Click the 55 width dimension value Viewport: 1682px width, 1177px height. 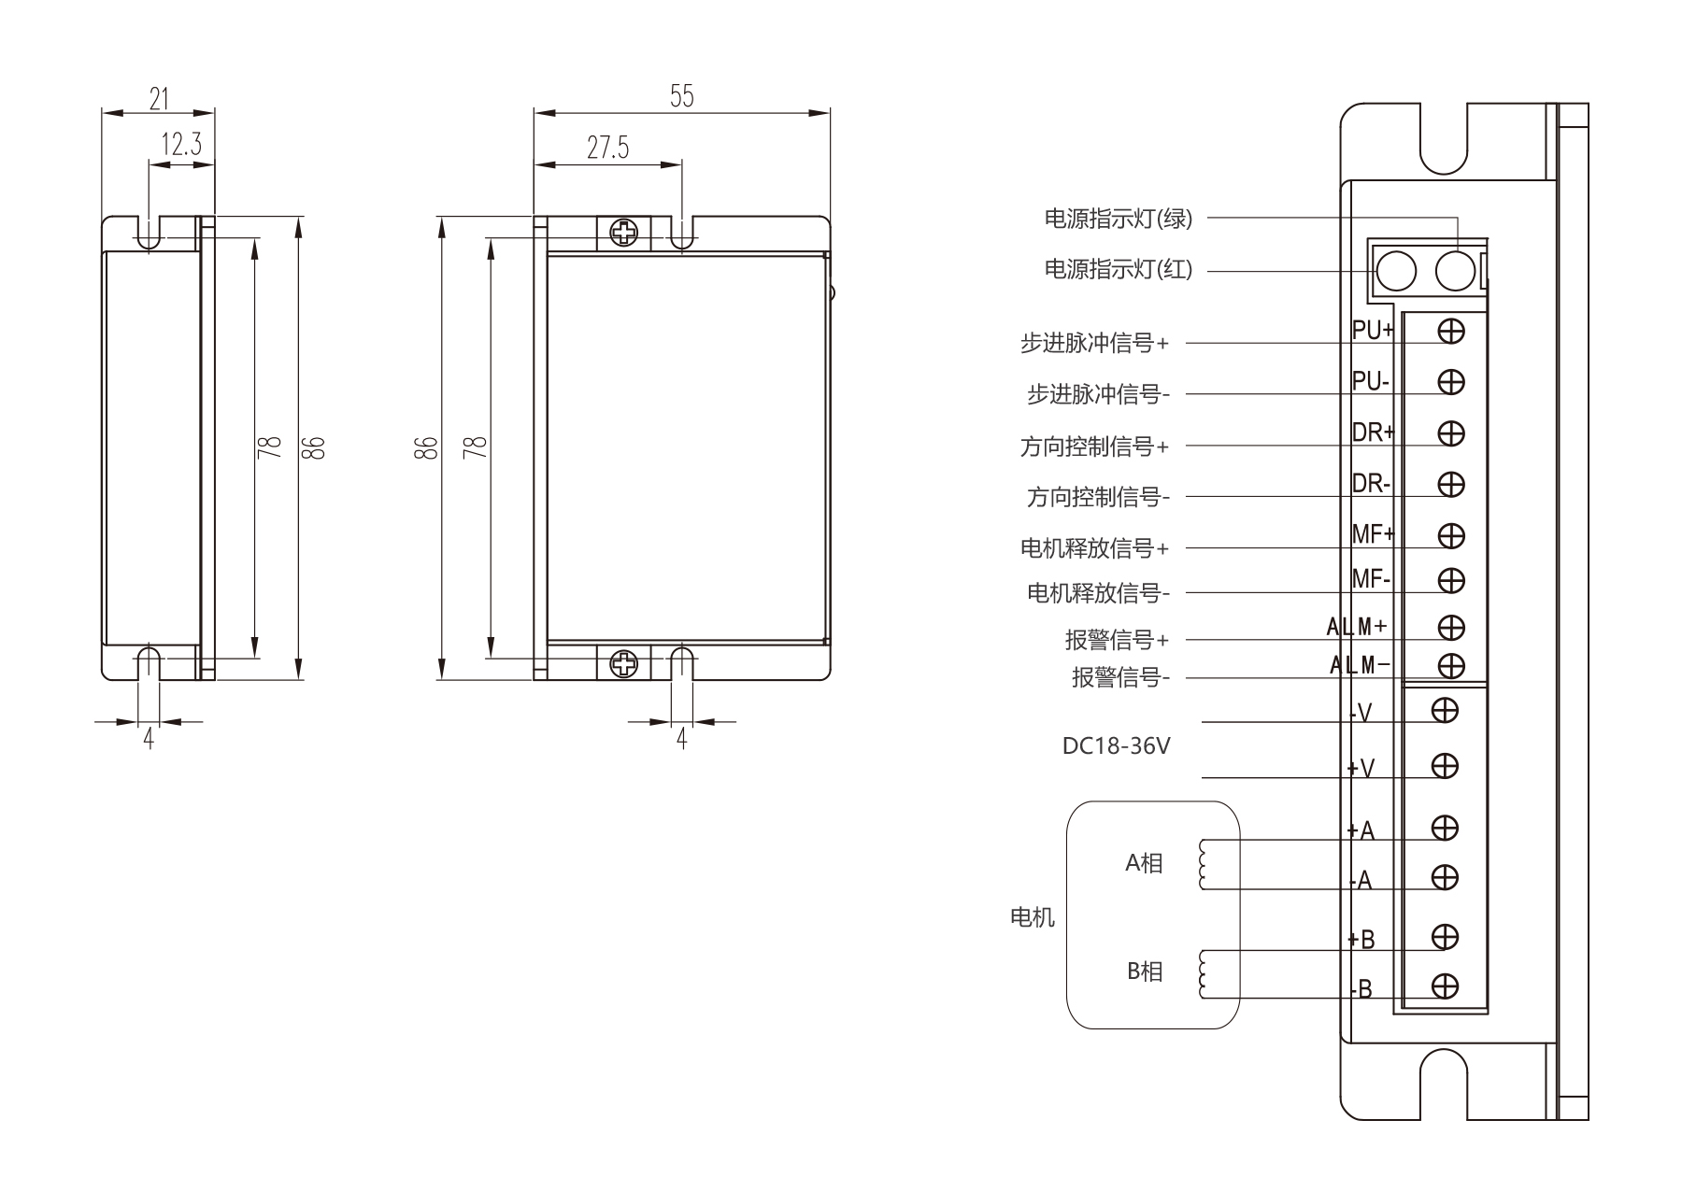682,96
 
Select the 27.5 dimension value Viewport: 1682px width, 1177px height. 608,148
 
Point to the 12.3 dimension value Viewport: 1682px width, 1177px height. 181,145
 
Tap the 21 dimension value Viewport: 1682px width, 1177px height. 159,97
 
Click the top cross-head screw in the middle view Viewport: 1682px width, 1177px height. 623,233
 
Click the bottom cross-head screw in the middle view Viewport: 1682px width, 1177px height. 623,664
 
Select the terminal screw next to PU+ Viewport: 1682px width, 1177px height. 1451,331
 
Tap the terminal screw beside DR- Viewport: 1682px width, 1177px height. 1451,485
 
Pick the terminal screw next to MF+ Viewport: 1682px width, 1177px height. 1451,535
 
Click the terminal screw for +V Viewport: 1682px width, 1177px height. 1445,767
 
